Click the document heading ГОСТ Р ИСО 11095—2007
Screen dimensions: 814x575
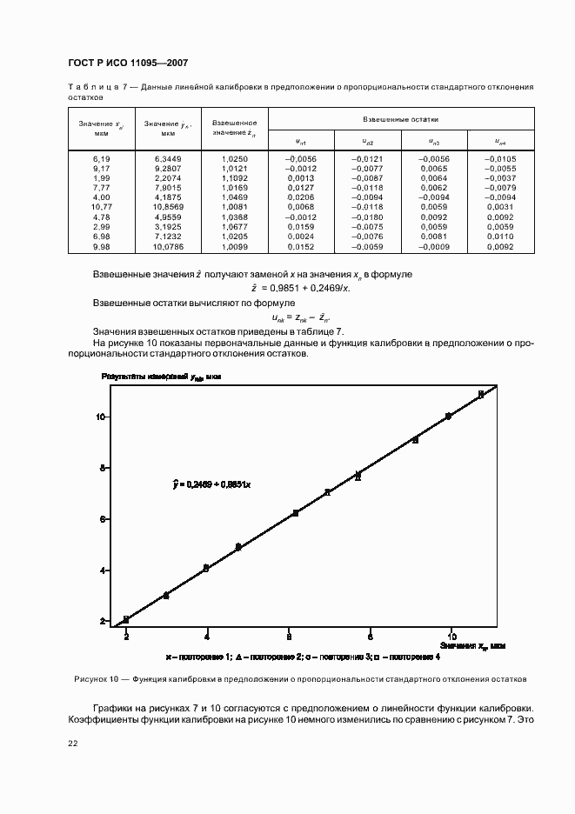(127, 63)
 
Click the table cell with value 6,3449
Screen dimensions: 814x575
(168, 159)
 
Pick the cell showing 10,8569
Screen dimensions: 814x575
(168, 207)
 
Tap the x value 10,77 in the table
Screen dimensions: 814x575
(102, 207)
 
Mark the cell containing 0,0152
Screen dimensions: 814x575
(301, 246)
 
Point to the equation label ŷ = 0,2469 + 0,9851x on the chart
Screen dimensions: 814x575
(211, 484)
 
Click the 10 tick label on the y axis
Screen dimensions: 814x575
(101, 417)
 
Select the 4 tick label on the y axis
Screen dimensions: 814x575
(103, 570)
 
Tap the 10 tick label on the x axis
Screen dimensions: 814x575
(450, 636)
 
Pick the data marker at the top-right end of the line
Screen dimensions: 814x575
(480, 395)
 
